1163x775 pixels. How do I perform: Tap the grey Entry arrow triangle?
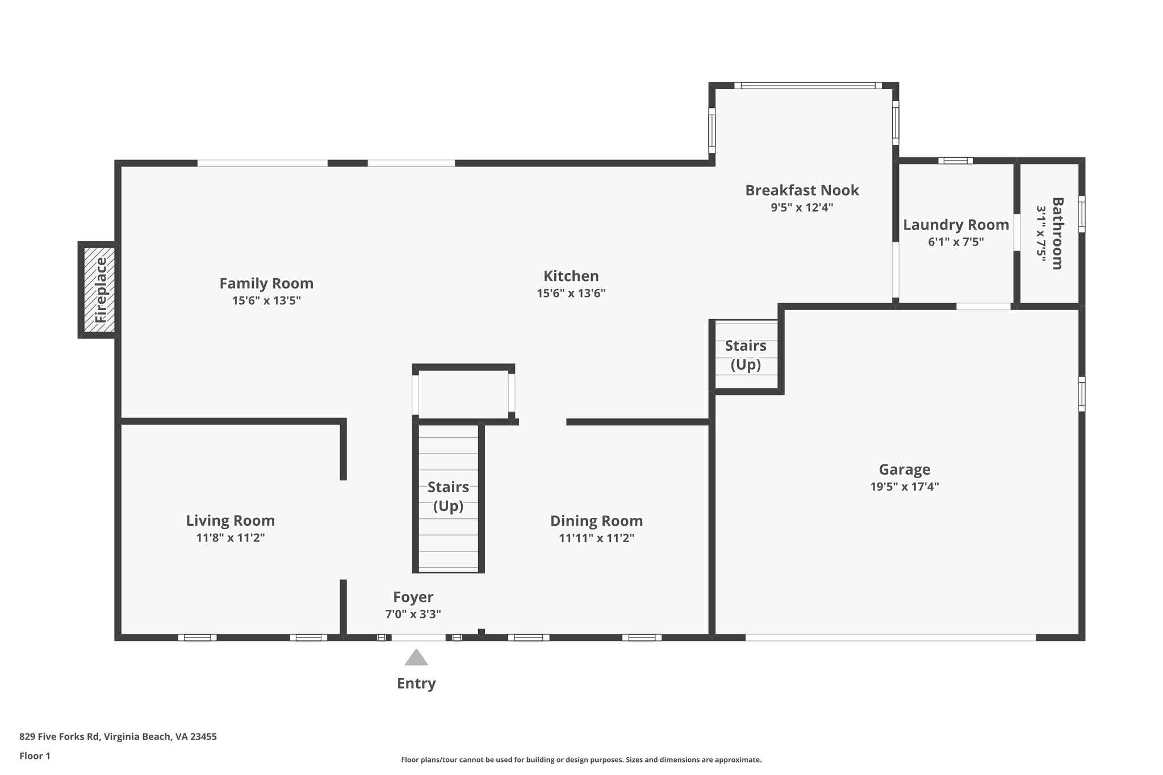[x=416, y=657]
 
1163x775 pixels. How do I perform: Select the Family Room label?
[x=266, y=283]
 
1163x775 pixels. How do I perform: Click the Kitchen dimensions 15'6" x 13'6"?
[x=571, y=294]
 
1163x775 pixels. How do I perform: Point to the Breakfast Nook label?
[x=801, y=190]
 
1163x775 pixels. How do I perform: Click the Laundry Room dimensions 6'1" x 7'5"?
[x=955, y=242]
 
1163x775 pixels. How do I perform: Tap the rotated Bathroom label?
[x=1057, y=233]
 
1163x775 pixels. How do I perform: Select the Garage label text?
[x=904, y=470]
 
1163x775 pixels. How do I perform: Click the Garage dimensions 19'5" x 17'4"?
[x=904, y=487]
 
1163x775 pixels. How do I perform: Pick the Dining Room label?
[x=596, y=521]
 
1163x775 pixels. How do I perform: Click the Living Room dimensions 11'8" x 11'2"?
[x=231, y=538]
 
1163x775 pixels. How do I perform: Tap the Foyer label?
[x=413, y=597]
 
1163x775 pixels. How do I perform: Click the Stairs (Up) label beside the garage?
[x=745, y=355]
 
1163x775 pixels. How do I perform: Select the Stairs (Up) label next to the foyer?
[x=448, y=496]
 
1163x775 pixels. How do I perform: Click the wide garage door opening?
[x=890, y=638]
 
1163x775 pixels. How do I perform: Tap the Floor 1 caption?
[x=35, y=756]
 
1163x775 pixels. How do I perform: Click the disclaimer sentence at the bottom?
[x=581, y=760]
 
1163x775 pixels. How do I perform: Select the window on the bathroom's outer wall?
[x=1082, y=214]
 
